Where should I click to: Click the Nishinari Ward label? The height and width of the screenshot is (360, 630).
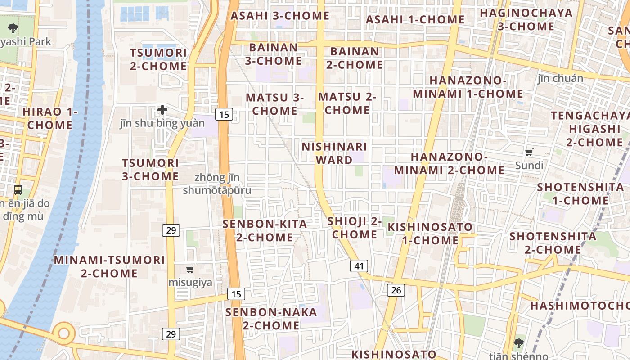pyautogui.click(x=334, y=153)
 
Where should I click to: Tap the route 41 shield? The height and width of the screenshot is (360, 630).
pyautogui.click(x=359, y=266)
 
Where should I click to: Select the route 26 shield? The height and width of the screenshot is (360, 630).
pyautogui.click(x=396, y=290)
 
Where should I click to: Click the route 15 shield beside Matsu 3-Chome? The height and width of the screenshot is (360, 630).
pyautogui.click(x=224, y=114)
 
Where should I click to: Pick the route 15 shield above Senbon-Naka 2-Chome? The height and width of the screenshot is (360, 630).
pyautogui.click(x=236, y=294)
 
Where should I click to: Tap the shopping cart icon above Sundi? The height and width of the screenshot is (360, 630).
pyautogui.click(x=529, y=153)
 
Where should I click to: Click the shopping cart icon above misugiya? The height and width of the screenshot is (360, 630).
pyautogui.click(x=190, y=270)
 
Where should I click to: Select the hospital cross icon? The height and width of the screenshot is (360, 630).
pyautogui.click(x=162, y=109)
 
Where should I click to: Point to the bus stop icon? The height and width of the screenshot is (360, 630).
pyautogui.click(x=18, y=190)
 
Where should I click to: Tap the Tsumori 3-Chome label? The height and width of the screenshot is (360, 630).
pyautogui.click(x=150, y=170)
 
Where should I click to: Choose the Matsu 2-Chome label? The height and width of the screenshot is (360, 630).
pyautogui.click(x=347, y=103)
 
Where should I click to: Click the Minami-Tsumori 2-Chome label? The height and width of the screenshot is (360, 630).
pyautogui.click(x=109, y=266)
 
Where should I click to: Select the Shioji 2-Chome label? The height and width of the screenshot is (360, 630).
pyautogui.click(x=355, y=228)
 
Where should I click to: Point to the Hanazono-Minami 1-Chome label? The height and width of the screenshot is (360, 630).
pyautogui.click(x=468, y=87)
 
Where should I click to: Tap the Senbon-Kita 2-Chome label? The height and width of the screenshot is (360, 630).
pyautogui.click(x=265, y=230)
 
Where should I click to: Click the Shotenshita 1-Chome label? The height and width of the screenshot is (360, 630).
pyautogui.click(x=580, y=193)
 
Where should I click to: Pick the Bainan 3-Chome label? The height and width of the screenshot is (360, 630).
pyautogui.click(x=273, y=54)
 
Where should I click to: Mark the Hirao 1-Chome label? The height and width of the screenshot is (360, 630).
pyautogui.click(x=50, y=118)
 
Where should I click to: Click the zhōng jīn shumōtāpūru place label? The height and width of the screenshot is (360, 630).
pyautogui.click(x=217, y=184)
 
